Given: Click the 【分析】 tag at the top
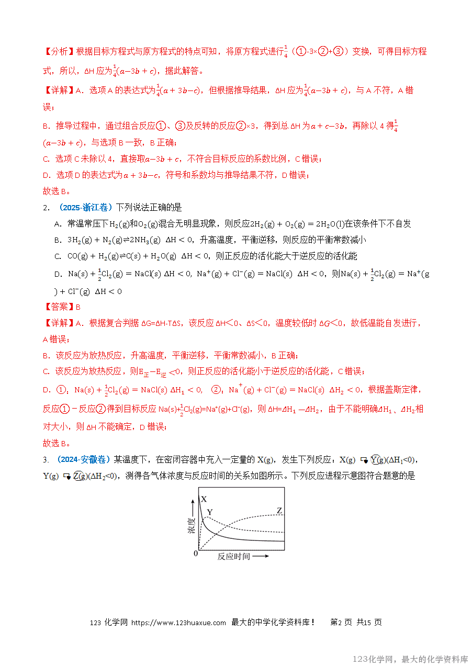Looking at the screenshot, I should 59,52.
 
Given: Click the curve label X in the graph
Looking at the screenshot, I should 204,499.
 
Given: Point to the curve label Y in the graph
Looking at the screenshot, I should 210,512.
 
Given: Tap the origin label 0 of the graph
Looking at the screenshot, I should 196,553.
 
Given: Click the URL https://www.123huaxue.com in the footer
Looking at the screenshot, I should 178,623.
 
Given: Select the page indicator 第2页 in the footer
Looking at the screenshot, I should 341,623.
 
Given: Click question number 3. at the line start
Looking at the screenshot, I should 46,460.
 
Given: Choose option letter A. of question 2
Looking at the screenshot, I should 58,224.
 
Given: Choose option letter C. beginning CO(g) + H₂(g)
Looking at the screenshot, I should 58,256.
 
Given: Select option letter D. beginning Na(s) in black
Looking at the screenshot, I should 58,274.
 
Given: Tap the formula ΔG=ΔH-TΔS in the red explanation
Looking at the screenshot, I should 163,323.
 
